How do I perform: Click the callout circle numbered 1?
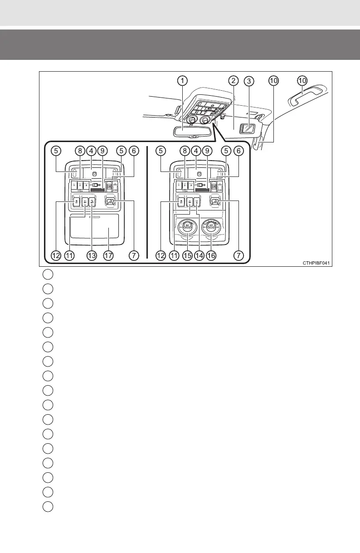[x=181, y=81]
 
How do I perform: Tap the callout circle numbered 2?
[x=233, y=81]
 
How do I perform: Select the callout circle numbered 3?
[x=248, y=81]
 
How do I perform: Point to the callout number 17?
[x=108, y=256]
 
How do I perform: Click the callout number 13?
[x=92, y=256]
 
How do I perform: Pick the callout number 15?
[x=187, y=256]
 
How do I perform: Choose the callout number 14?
[x=199, y=256]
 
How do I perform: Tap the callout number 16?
[x=211, y=256]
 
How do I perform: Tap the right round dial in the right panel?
[x=211, y=227]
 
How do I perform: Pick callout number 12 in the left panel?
[x=56, y=256]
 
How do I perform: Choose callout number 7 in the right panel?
[x=238, y=256]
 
